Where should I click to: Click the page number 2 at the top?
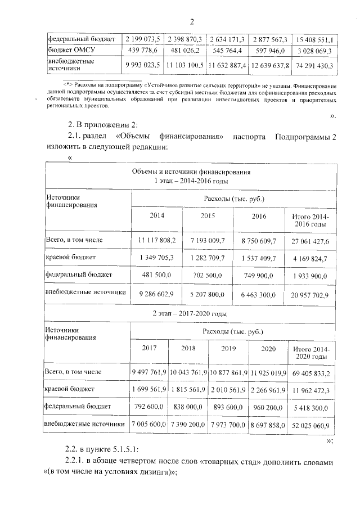click(x=191, y=22)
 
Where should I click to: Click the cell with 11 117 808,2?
click(x=157, y=240)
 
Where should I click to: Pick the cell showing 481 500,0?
click(x=157, y=275)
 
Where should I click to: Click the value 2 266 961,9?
click(x=266, y=389)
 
